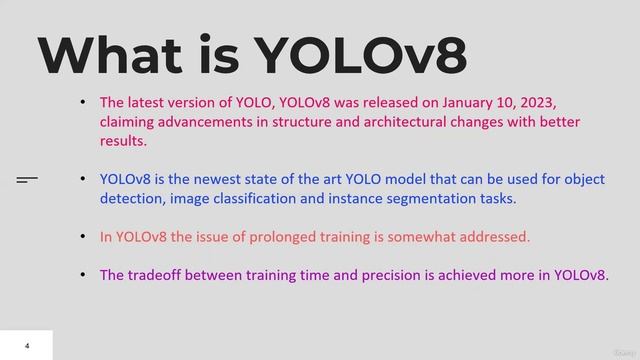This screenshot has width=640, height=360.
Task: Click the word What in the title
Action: (x=110, y=56)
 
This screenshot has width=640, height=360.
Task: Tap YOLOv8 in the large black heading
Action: (x=362, y=56)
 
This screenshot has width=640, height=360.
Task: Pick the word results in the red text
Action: (x=123, y=141)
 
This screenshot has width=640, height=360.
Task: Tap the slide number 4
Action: (x=27, y=346)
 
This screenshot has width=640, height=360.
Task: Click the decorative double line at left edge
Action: (x=27, y=180)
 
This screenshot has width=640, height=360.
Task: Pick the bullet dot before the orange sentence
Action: (x=83, y=237)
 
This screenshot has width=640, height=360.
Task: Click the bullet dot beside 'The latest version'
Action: (x=83, y=103)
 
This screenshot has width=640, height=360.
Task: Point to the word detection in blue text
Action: (x=128, y=199)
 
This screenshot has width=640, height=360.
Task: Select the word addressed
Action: (x=497, y=237)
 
